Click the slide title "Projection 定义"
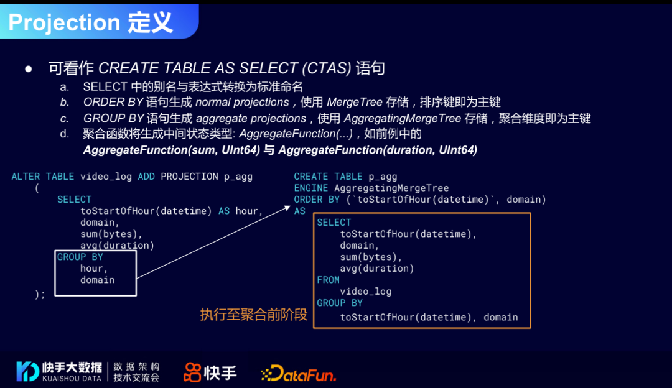[x=90, y=22]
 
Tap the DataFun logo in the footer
[x=299, y=373]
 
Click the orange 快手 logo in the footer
[x=210, y=372]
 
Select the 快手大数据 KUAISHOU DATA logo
[x=60, y=371]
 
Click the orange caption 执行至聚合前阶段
[x=254, y=315]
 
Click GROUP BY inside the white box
[x=80, y=257]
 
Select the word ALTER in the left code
[x=26, y=177]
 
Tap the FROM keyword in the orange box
[x=328, y=280]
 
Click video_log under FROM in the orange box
[x=365, y=291]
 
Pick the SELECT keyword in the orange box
[x=334, y=223]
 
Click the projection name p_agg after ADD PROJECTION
[x=238, y=177]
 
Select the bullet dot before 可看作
[x=28, y=68]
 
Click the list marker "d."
[x=64, y=134]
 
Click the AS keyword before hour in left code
[x=224, y=211]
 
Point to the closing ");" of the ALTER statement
[x=40, y=294]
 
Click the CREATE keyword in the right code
[x=311, y=177]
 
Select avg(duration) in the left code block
[x=117, y=245]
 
